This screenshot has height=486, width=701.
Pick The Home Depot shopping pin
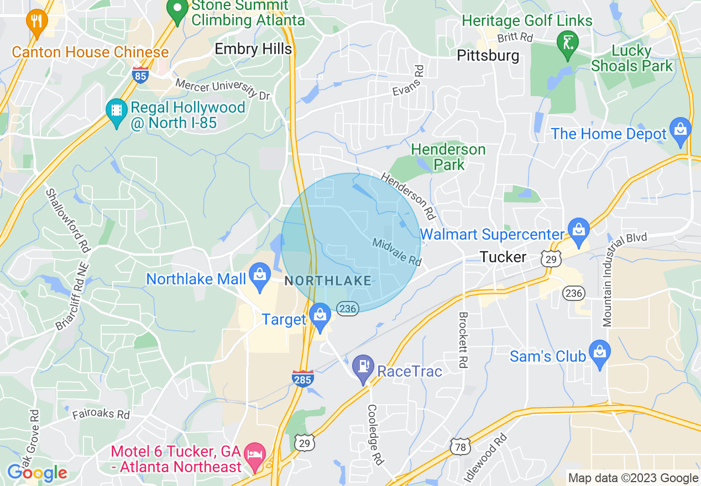[x=680, y=130]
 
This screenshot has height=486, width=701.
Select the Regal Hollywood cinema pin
[x=117, y=110]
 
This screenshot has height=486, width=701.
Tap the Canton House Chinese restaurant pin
[x=36, y=22]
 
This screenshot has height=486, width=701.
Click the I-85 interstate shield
[x=140, y=75]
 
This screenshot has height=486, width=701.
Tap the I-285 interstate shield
[x=303, y=378]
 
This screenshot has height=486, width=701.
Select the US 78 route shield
[x=460, y=447]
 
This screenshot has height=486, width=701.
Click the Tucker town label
[x=503, y=257]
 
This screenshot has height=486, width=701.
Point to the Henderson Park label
[x=448, y=157]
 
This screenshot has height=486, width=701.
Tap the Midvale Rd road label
[x=396, y=251]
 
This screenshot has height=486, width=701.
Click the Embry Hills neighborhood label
[x=253, y=49]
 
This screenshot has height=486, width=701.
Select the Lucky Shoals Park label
[x=632, y=59]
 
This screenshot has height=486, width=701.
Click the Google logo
[x=37, y=473]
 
